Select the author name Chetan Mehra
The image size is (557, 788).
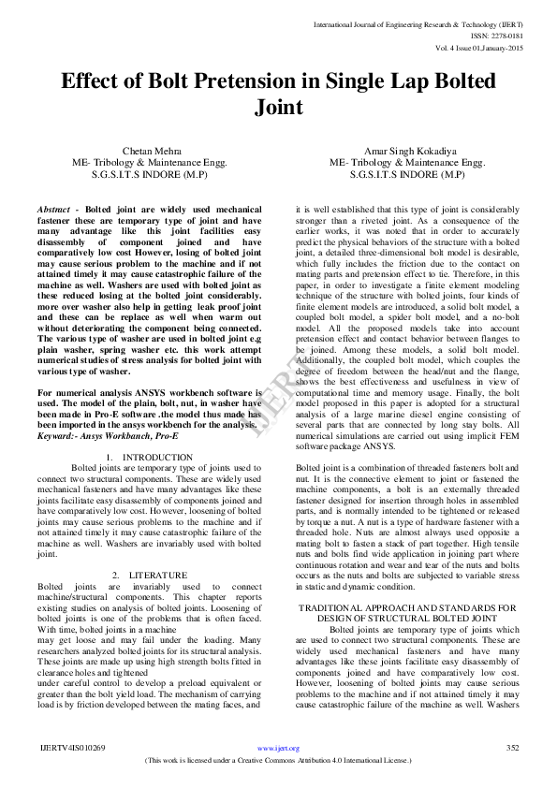tap(150, 150)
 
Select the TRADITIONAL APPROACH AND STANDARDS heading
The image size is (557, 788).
tap(407, 607)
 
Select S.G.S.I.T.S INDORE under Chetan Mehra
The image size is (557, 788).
tap(150, 174)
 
